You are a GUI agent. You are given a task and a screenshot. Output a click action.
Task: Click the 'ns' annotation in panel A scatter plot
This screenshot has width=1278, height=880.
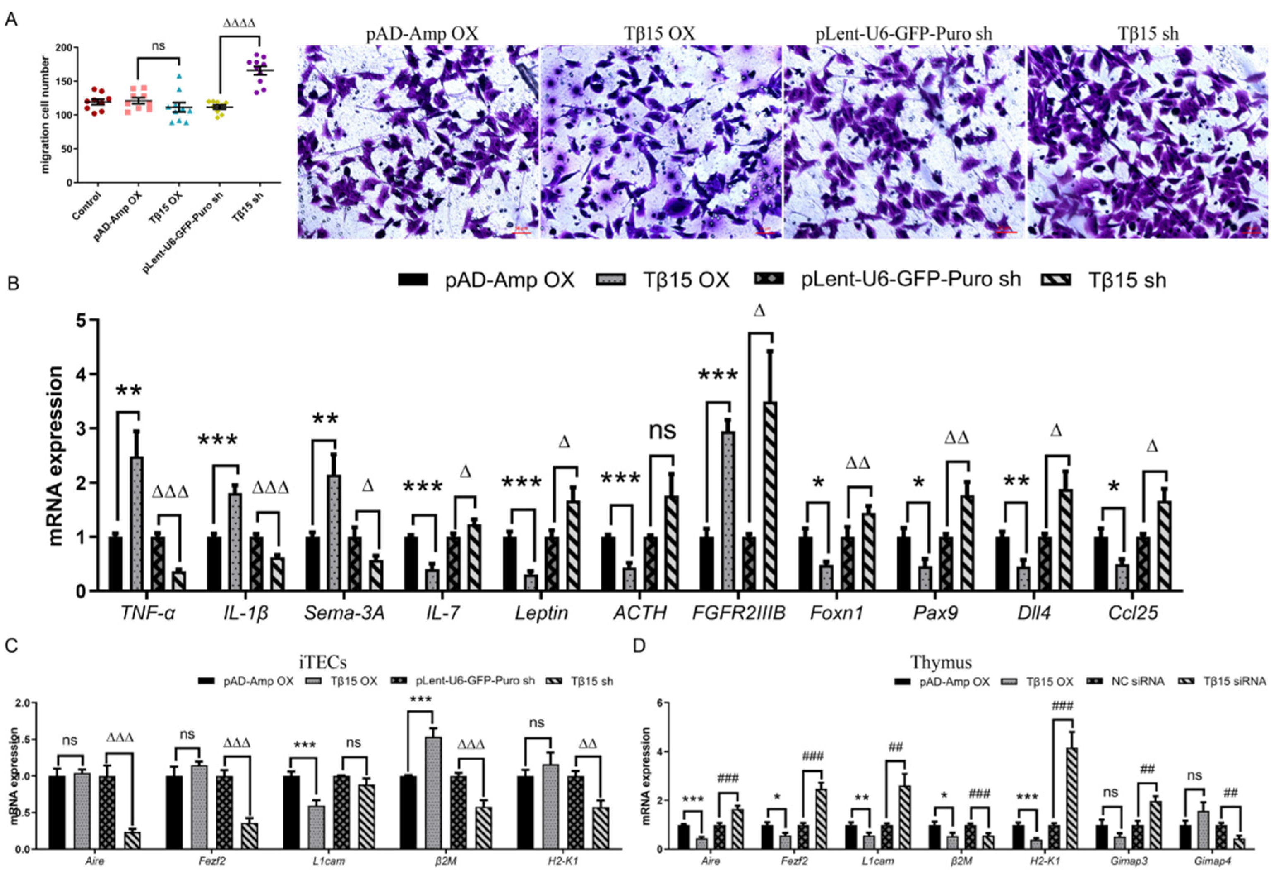click(159, 46)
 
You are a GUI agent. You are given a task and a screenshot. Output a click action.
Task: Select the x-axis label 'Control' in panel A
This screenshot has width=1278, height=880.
click(86, 206)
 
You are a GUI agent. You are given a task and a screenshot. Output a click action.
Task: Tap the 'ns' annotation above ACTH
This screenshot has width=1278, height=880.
click(662, 430)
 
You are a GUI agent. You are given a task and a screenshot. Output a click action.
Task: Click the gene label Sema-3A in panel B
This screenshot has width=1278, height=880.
click(344, 612)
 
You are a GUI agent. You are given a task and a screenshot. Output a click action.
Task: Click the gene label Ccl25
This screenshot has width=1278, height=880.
click(1133, 612)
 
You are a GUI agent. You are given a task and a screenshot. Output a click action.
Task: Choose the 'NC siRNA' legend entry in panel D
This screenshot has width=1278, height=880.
click(1137, 682)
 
